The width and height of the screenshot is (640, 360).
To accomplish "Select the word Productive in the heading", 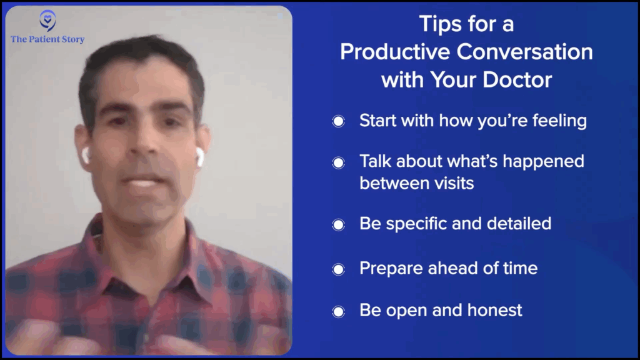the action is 395,52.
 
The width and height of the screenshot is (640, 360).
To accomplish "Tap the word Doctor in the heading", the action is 517,79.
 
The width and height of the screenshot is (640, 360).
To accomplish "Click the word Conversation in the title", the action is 524,52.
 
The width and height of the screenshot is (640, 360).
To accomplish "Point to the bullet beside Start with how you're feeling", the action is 338,121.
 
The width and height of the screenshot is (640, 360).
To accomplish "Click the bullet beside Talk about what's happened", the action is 338,163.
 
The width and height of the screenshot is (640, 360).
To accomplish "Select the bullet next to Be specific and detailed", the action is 338,224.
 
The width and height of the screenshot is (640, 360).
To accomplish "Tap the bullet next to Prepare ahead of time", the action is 338,269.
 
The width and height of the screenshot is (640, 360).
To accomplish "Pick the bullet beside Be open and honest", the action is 338,312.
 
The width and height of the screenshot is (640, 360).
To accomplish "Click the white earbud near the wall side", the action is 200,157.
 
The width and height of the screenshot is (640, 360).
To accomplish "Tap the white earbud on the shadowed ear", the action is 86,156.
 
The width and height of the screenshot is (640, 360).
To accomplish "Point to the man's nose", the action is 141,146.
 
